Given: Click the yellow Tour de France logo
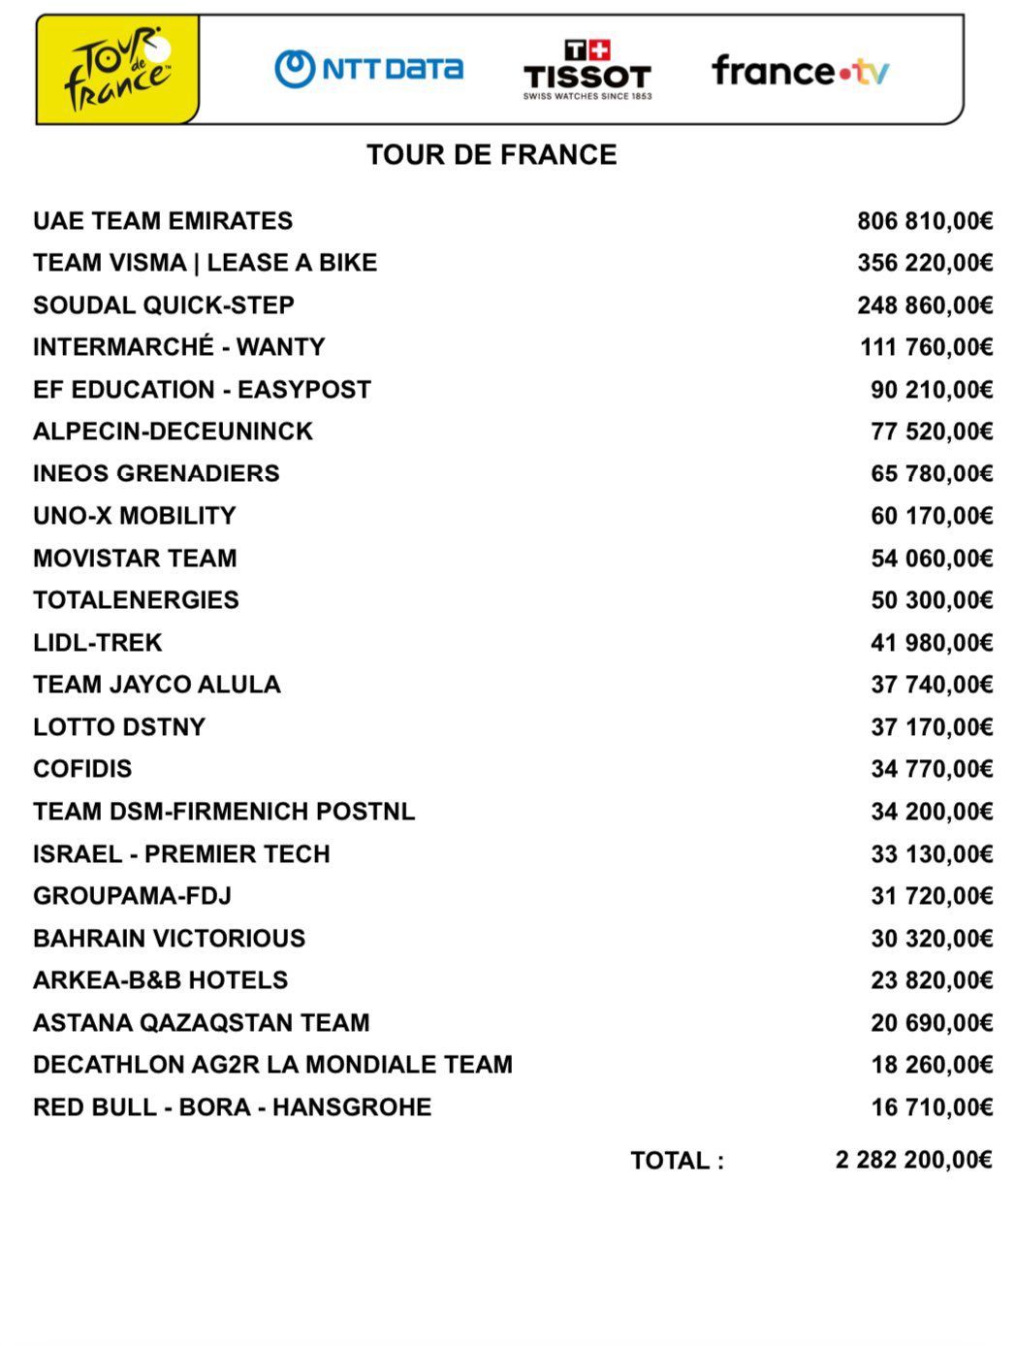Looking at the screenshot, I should coord(117,70).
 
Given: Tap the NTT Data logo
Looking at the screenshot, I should coord(368,69).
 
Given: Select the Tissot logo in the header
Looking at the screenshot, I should coord(587,70).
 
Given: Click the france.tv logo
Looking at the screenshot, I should coord(800,71).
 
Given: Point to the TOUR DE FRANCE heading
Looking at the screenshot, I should coord(492,155).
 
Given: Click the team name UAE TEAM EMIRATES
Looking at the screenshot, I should coord(163,221).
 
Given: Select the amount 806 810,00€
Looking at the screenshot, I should coord(924,221).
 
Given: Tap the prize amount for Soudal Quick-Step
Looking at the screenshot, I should coord(924,305).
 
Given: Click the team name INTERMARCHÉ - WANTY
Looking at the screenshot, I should coord(179,347).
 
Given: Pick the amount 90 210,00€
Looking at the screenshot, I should coord(931,390).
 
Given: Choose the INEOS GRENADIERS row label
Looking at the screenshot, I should coord(156,473).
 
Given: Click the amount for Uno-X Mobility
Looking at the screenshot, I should coord(931,516).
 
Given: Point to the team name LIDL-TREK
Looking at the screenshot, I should coord(98,643).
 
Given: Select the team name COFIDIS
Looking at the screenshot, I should coord(82,769).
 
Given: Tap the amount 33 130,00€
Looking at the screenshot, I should coord(931,854).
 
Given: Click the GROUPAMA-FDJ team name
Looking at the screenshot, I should coord(133,896).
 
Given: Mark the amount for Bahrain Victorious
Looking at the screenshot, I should coord(931,939).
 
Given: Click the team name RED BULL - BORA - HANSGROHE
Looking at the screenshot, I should coord(233,1107).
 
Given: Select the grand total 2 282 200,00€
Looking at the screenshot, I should coord(913,1160).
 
